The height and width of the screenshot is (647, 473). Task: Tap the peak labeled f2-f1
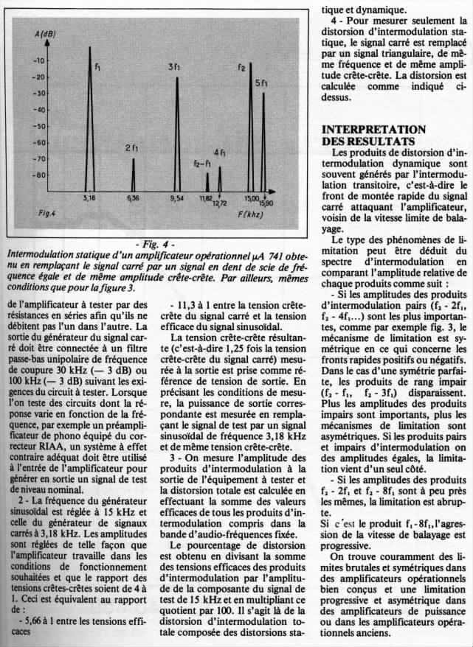[207, 181]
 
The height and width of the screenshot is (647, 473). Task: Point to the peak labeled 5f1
[263, 140]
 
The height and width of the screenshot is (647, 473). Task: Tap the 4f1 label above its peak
[221, 153]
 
